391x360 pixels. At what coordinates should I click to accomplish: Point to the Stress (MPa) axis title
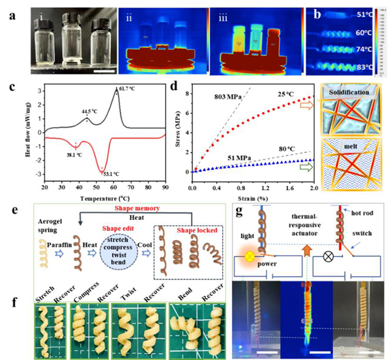click(x=181, y=139)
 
